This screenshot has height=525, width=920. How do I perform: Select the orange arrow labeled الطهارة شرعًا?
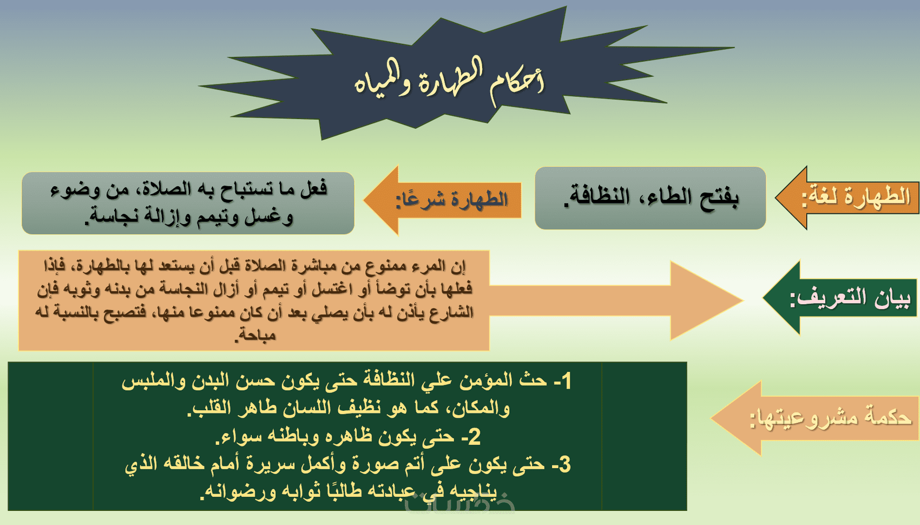(x=442, y=200)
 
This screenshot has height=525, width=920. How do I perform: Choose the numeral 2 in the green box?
(x=474, y=437)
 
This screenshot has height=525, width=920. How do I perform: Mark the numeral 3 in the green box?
(x=565, y=464)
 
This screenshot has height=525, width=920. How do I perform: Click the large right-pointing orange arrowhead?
(x=706, y=300)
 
